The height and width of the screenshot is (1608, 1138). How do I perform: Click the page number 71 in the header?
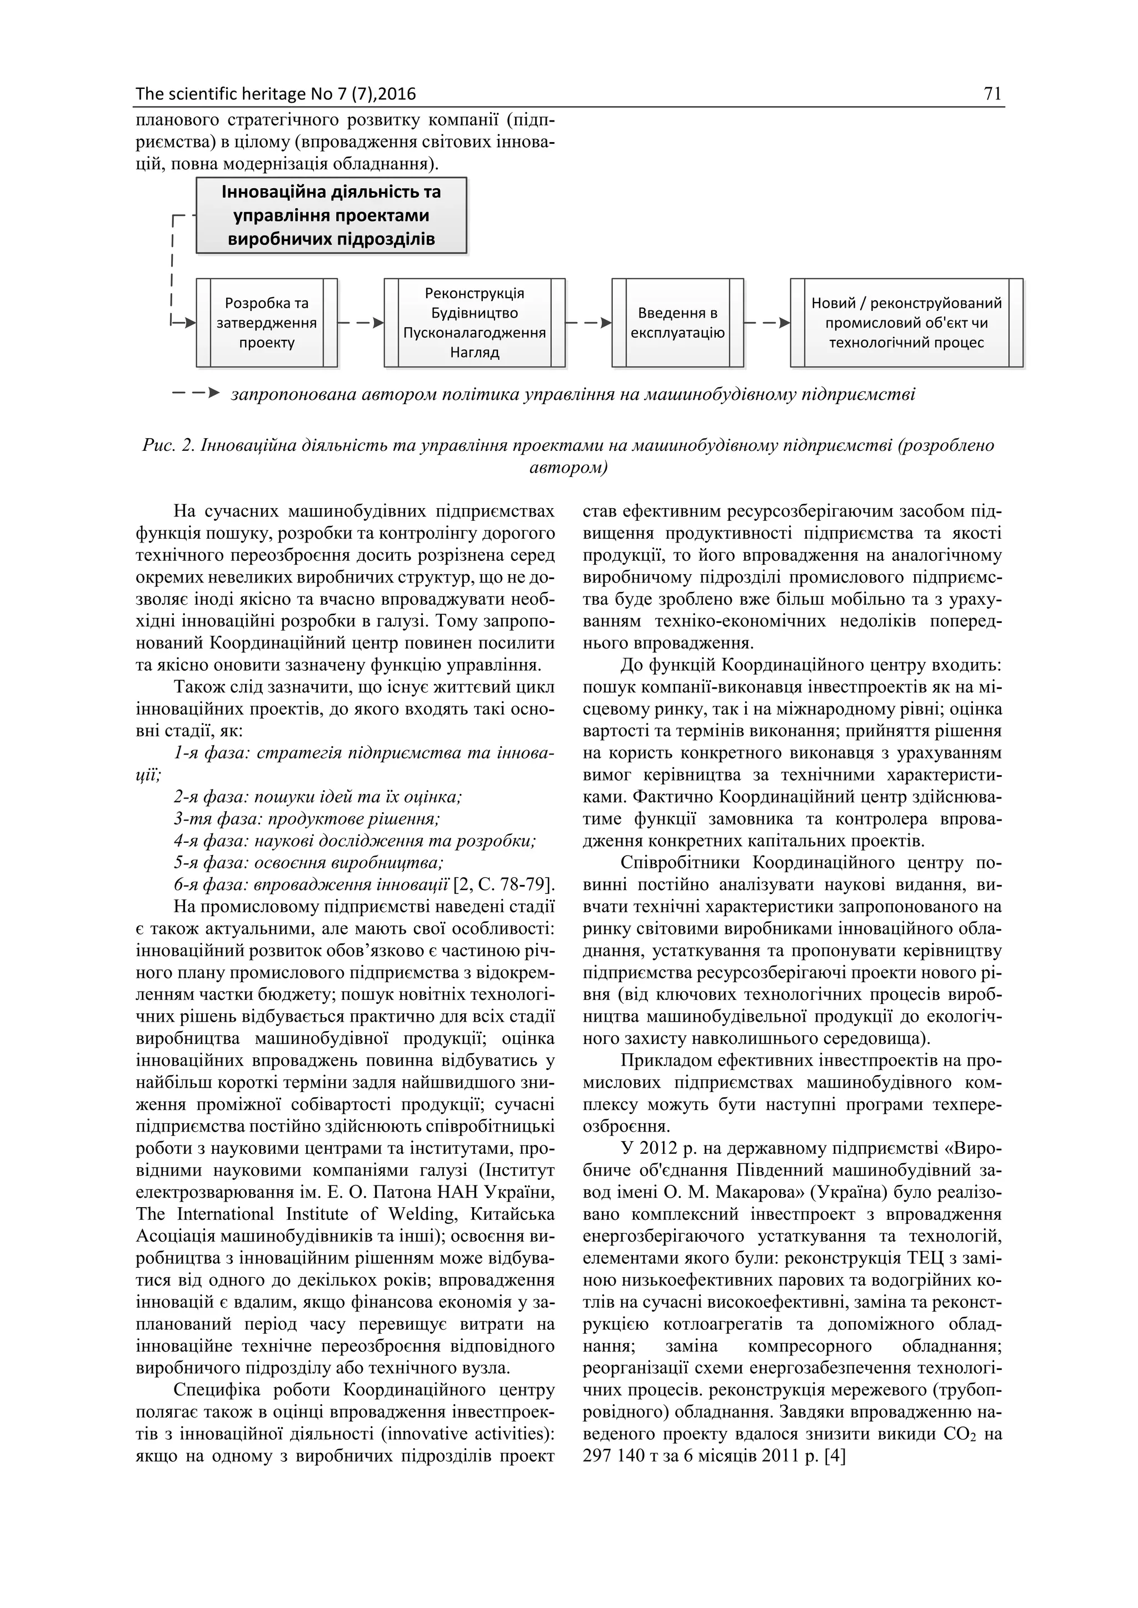pos(992,94)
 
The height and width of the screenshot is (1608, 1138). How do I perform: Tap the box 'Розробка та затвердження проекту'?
pos(266,323)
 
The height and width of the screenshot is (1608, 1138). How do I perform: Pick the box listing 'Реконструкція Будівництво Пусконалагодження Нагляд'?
pos(475,323)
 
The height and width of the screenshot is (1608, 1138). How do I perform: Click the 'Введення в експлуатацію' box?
pos(677,323)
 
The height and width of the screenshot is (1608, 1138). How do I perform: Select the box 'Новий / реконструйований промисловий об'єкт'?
pos(906,323)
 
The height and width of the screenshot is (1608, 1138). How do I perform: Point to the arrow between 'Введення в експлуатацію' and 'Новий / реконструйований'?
pos(767,323)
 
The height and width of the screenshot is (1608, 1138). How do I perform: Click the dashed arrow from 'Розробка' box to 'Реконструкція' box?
pos(361,323)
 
